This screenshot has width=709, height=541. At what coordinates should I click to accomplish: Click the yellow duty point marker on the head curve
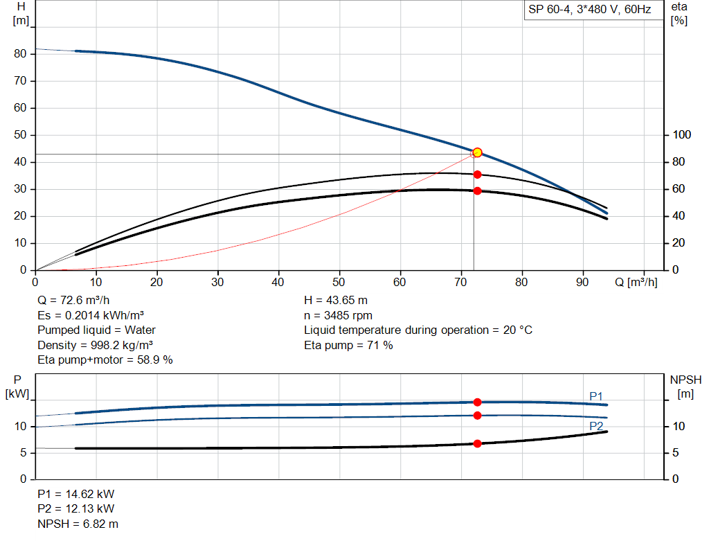[x=477, y=152]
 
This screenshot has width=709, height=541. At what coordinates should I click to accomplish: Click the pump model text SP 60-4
[x=547, y=10]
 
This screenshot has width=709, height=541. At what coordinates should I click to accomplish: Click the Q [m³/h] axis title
[x=636, y=283]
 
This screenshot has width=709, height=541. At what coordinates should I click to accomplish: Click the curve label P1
[x=596, y=396]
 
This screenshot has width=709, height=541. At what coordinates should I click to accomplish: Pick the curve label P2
[x=596, y=425]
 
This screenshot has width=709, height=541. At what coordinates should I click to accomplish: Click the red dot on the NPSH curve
[x=477, y=443]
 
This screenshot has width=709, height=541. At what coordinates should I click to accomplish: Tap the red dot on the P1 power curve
[x=477, y=402]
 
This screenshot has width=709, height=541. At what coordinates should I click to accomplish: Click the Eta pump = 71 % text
[x=348, y=345]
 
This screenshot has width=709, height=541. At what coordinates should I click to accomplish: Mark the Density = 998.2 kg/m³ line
[x=95, y=345]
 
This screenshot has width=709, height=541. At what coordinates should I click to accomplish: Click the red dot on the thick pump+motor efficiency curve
[x=477, y=190]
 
